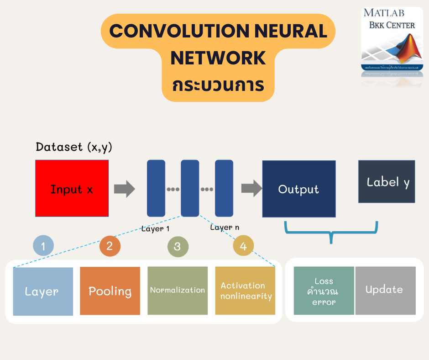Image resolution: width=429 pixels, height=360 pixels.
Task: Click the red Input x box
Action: tap(72, 188)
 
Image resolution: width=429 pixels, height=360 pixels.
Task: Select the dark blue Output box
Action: tap(298, 189)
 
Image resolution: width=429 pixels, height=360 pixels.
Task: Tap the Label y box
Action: tap(387, 181)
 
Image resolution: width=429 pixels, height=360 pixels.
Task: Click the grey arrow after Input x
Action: tap(124, 188)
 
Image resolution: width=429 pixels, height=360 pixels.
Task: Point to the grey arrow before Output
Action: tap(251, 188)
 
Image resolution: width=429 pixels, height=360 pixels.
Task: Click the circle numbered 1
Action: tap(43, 247)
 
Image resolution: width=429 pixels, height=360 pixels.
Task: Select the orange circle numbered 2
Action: tap(110, 247)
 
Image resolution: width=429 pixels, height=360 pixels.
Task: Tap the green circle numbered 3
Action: tap(177, 247)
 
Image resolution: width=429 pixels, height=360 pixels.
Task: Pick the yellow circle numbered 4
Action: tap(243, 247)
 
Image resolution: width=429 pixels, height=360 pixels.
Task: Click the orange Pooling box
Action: tap(110, 291)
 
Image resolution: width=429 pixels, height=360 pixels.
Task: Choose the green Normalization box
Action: tap(178, 291)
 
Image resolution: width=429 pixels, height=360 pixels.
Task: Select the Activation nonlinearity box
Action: tap(246, 291)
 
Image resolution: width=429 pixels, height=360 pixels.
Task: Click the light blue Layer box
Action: tap(43, 291)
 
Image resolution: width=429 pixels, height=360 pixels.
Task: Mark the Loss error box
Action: tap(324, 291)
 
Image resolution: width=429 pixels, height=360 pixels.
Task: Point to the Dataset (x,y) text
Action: tap(73, 147)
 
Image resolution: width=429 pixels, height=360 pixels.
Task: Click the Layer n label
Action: tap(224, 227)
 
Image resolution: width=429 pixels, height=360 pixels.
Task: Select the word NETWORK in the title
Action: tap(218, 58)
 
